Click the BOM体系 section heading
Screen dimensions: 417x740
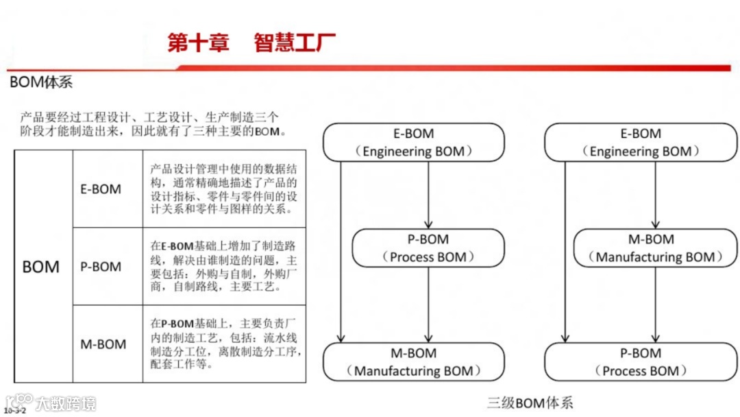click(x=41, y=83)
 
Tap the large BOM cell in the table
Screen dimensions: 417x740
click(x=41, y=267)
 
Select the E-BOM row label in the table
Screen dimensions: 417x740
click(x=101, y=189)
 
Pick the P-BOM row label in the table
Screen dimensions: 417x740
click(x=101, y=267)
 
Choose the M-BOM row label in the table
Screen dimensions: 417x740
click(x=103, y=344)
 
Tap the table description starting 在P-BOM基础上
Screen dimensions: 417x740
click(x=225, y=344)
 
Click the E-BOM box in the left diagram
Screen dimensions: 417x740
click(x=413, y=143)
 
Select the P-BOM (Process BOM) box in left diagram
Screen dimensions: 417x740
click(x=428, y=248)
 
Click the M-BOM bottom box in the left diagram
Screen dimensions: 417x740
click(x=413, y=362)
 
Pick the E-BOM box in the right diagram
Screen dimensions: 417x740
click(x=641, y=143)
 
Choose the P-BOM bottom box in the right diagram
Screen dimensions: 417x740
click(x=641, y=362)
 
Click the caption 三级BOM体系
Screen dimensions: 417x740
click(x=530, y=403)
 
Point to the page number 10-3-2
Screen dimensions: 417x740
click(x=14, y=410)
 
